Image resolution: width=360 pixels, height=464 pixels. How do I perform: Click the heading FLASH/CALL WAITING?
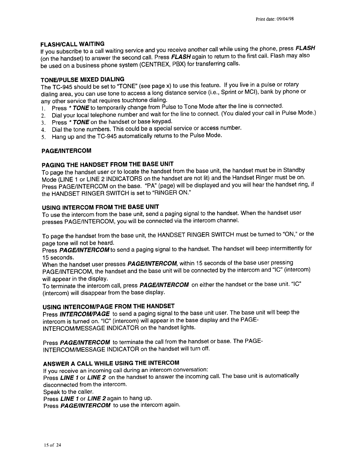tap(72, 44)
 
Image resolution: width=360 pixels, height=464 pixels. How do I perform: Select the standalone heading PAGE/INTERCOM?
tap(67, 151)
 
